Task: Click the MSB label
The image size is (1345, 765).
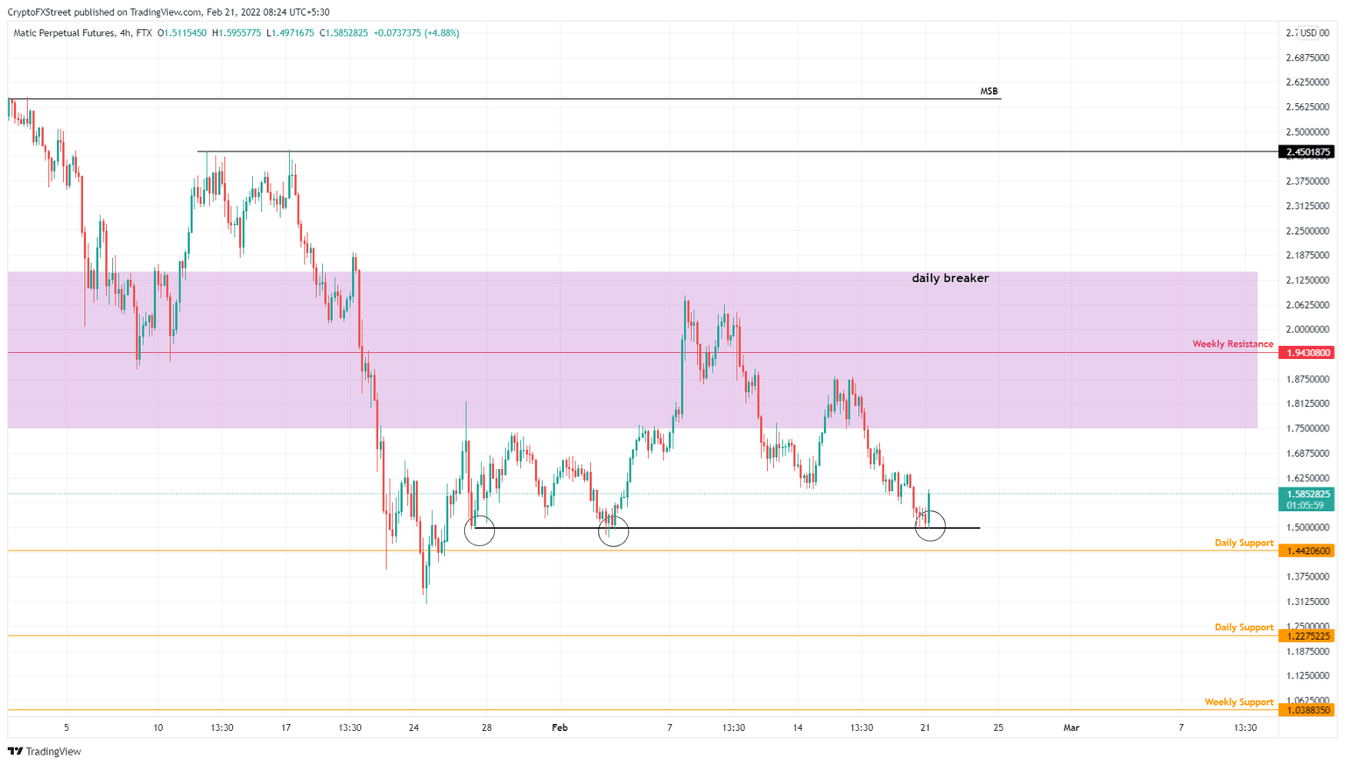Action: tap(989, 91)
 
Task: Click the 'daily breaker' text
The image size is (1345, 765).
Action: tap(950, 278)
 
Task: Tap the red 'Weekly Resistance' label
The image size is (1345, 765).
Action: tap(1232, 344)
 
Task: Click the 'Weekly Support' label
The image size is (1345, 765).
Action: tap(1238, 702)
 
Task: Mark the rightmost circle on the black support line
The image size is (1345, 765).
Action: tap(930, 526)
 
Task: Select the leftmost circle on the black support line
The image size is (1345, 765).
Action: tap(479, 530)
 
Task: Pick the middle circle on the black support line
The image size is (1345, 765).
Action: tap(613, 531)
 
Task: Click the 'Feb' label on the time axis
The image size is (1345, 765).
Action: tap(560, 727)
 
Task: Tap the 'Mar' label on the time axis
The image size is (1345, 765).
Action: tap(1071, 727)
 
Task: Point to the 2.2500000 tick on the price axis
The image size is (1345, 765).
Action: tap(1306, 231)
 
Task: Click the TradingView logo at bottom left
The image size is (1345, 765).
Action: tap(45, 751)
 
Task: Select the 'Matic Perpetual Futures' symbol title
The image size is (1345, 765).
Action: tap(64, 33)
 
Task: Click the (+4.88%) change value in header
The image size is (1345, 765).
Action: tap(441, 33)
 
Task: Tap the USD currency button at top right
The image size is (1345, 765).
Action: tap(1308, 33)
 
